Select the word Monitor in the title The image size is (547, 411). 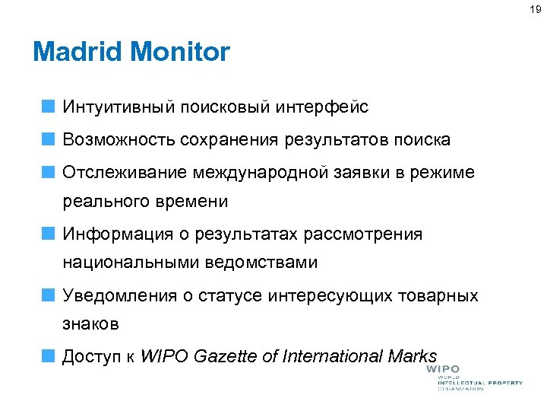[180, 53]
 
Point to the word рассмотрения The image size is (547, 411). [363, 234]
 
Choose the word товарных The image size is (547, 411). [441, 295]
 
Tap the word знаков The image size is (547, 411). [90, 324]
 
